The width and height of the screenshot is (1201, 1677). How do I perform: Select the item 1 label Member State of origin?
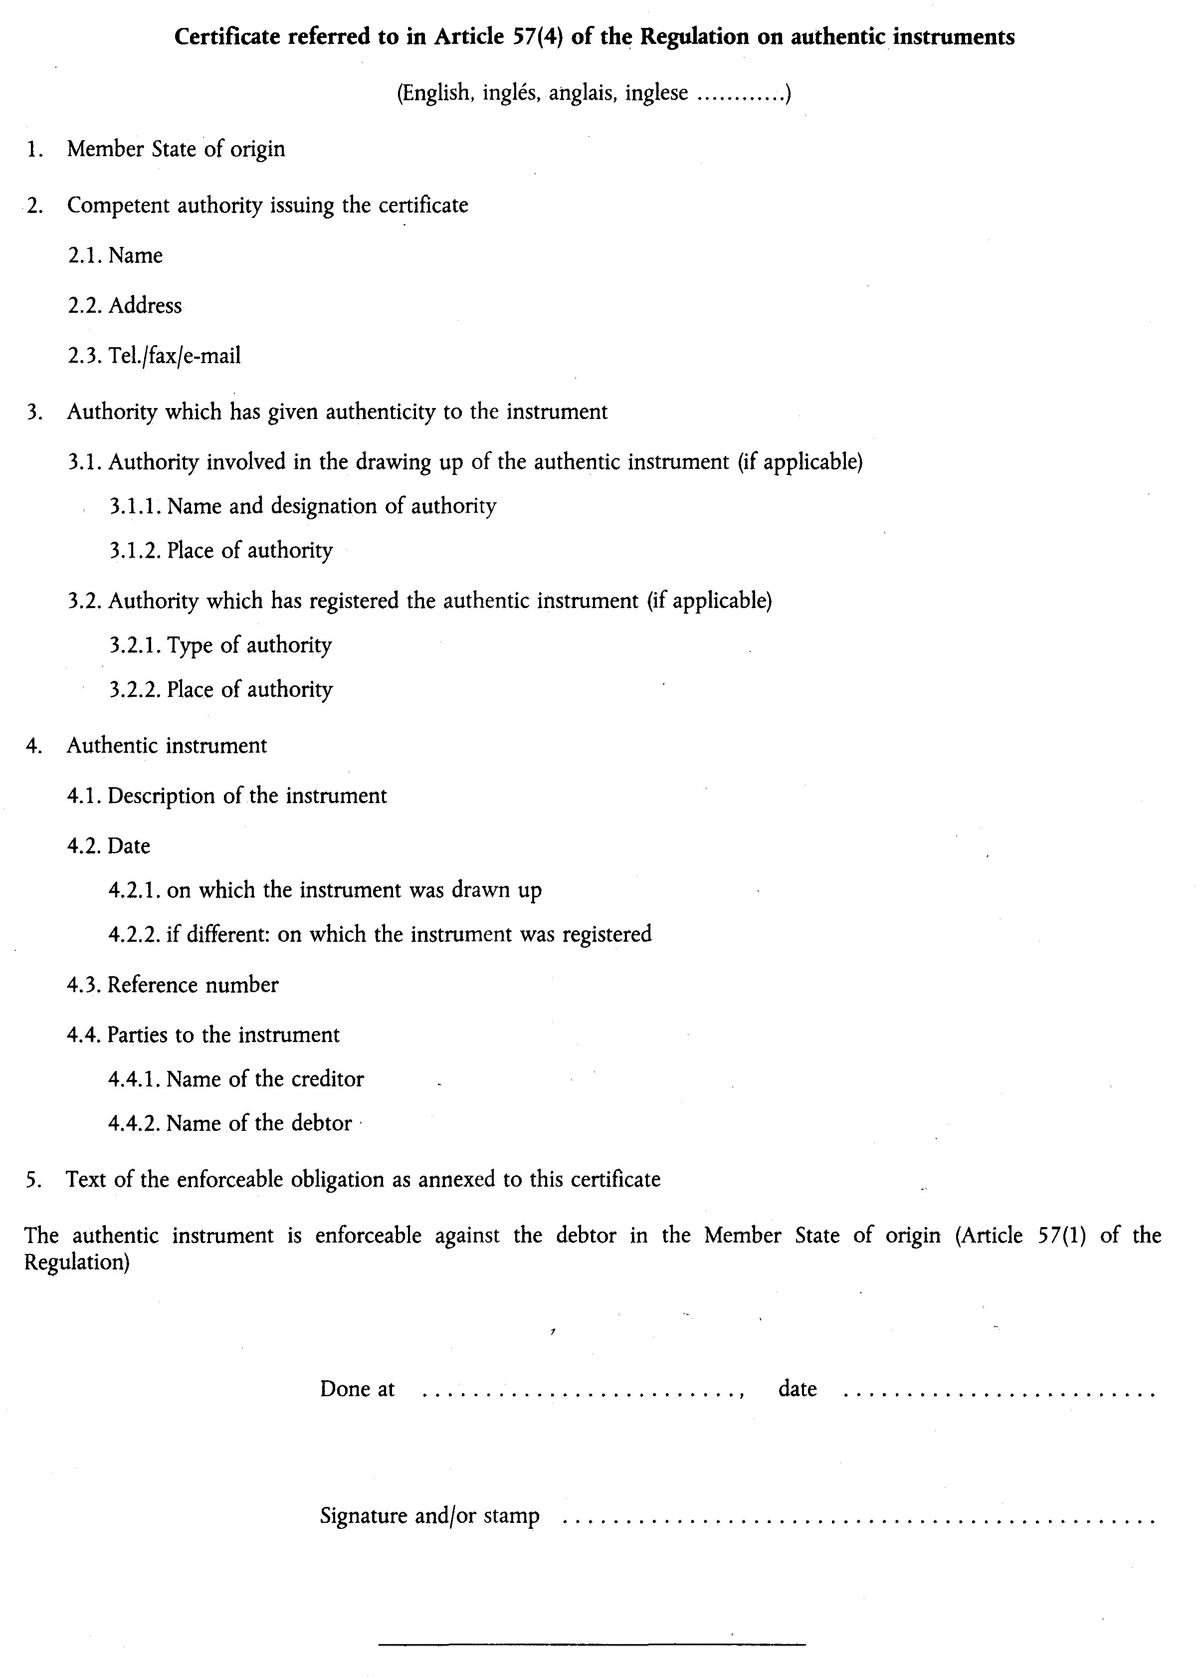pos(176,149)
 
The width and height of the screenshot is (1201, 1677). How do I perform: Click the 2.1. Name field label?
pos(115,256)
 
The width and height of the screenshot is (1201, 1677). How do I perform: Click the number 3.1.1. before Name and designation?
pos(136,506)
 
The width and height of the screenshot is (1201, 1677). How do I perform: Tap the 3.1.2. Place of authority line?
pos(221,551)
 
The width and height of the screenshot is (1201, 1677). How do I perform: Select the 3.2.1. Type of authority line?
pos(220,645)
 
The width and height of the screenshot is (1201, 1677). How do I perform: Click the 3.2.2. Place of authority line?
pos(221,690)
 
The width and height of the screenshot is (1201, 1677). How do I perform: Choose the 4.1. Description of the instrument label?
pos(227,797)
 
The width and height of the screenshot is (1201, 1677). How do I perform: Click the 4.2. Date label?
pos(109,846)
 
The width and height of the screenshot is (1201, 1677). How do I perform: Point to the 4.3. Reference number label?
pos(173,986)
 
